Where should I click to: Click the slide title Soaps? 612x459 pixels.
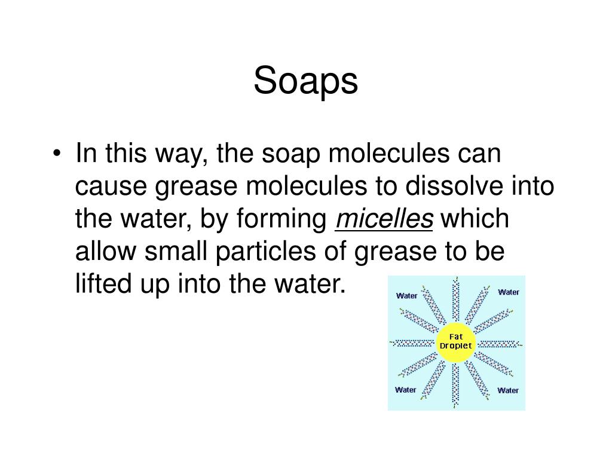click(x=305, y=82)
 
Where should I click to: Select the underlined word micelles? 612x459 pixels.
click(x=384, y=219)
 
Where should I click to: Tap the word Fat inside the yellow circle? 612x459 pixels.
click(x=456, y=337)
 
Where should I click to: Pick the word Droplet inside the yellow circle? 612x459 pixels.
click(x=456, y=346)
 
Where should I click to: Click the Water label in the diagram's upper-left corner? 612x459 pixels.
click(x=407, y=295)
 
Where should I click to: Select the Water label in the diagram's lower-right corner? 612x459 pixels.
click(x=508, y=390)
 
